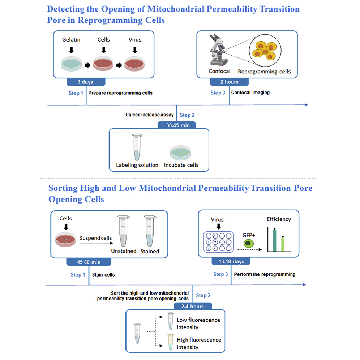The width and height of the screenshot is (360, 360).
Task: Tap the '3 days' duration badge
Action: pyautogui.click(x=85, y=82)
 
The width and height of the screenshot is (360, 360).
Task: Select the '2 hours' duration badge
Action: pyautogui.click(x=229, y=82)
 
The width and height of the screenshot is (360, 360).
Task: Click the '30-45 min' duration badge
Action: pyautogui.click(x=177, y=125)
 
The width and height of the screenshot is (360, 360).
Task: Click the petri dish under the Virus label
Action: pyautogui.click(x=135, y=64)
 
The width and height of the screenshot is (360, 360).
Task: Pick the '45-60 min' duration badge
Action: pyautogui.click(x=89, y=262)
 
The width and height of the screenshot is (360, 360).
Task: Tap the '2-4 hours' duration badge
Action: pyautogui.click(x=193, y=306)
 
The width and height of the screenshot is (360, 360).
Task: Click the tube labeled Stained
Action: pyautogui.click(x=149, y=231)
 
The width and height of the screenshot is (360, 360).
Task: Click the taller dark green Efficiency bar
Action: pyautogui.click(x=275, y=240)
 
